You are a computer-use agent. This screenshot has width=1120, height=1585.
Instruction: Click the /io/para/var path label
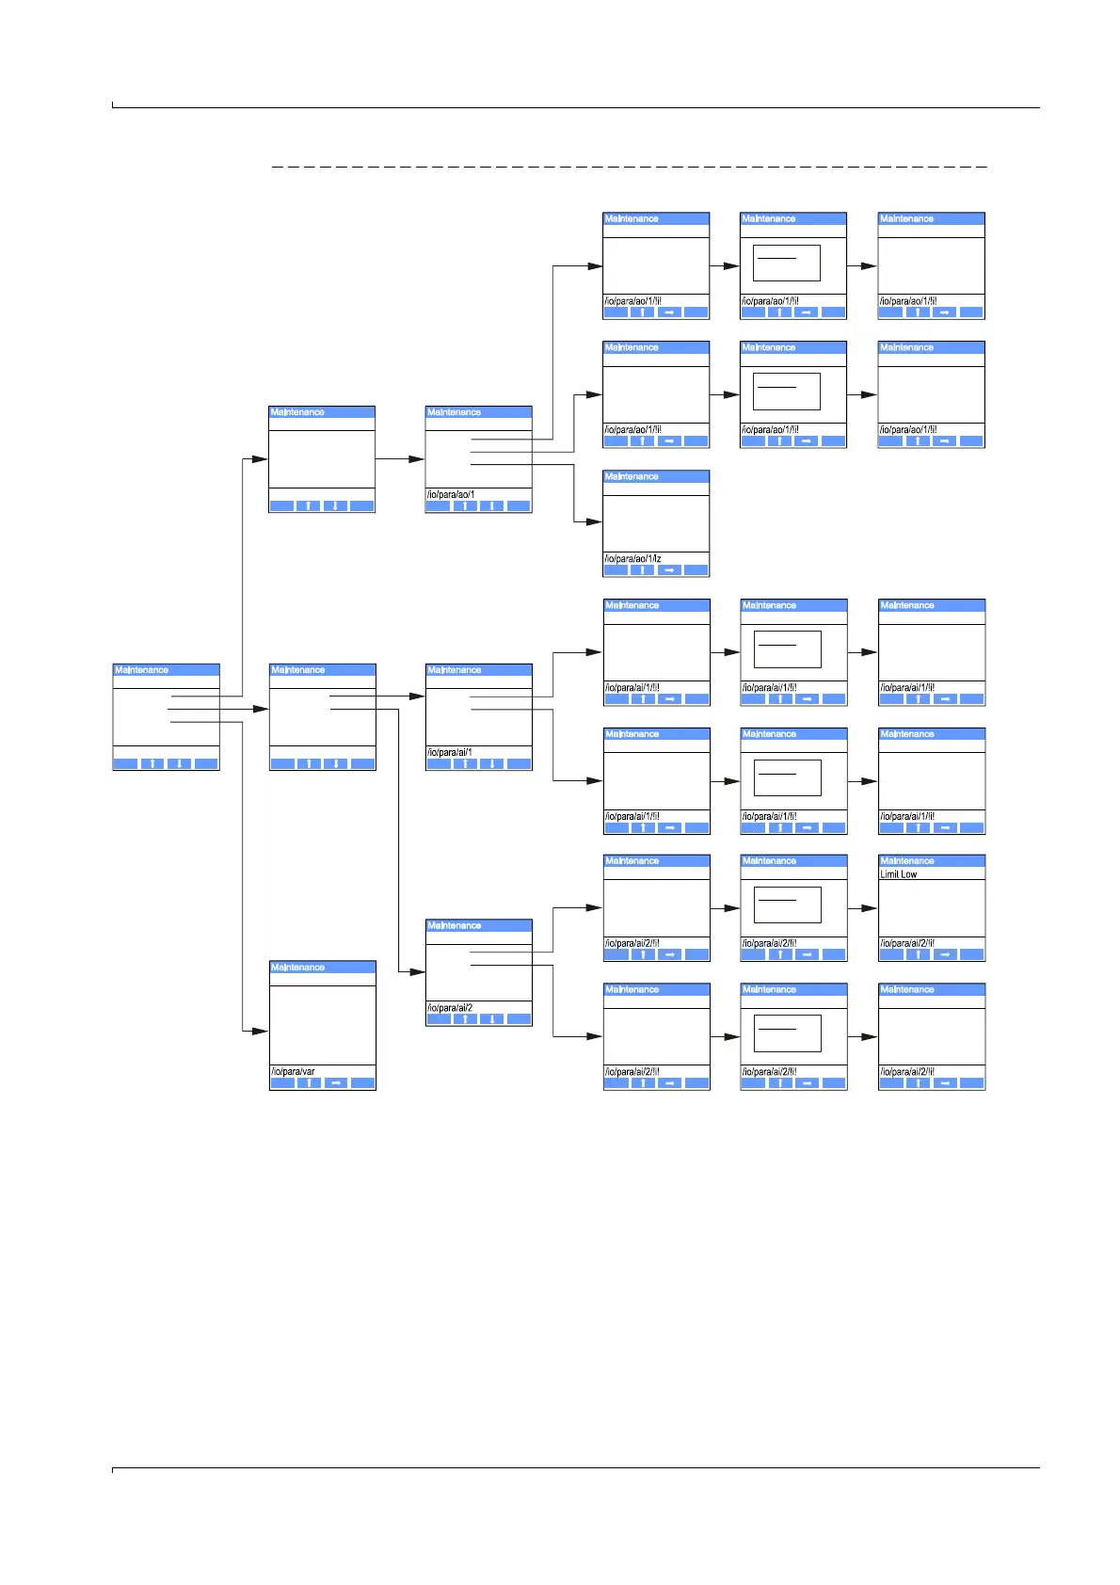[293, 1071]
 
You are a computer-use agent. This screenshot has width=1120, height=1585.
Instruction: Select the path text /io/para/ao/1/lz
[632, 558]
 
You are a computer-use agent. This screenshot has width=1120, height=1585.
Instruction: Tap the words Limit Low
[899, 874]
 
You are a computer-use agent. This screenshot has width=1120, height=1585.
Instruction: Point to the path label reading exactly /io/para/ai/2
[450, 1007]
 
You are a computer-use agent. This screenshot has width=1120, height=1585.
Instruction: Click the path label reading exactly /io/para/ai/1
[450, 752]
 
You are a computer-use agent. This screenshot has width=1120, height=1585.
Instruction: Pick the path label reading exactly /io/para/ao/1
[450, 494]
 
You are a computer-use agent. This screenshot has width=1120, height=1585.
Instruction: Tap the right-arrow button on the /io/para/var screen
[336, 1083]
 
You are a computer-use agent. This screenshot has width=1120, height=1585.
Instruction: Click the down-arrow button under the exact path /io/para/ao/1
[491, 506]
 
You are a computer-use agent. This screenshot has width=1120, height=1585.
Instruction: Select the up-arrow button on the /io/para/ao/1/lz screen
[642, 570]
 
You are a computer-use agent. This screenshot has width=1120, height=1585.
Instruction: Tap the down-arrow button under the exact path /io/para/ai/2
[491, 1019]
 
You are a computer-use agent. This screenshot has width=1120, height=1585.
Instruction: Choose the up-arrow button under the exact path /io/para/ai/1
[464, 764]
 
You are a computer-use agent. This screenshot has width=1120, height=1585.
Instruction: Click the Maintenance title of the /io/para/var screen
[297, 968]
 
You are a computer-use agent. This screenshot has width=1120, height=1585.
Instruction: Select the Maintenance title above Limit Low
[907, 861]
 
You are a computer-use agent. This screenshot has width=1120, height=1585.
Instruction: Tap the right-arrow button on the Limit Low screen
[945, 954]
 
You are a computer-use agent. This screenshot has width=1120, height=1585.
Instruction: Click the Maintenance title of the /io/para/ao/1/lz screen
[632, 477]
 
